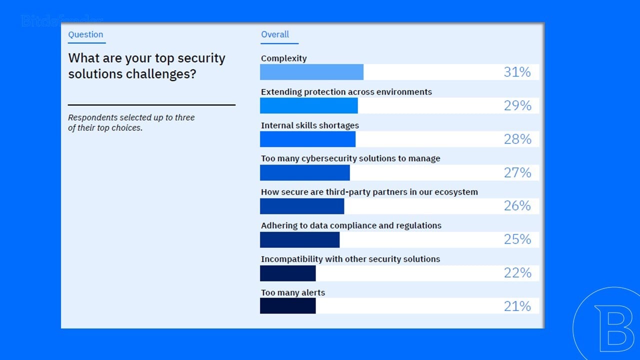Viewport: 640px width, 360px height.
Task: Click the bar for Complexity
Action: tap(311, 72)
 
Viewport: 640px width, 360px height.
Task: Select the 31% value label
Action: tap(517, 72)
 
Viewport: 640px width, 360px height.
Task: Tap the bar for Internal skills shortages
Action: tap(307, 139)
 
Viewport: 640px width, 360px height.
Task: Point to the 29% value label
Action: tap(517, 105)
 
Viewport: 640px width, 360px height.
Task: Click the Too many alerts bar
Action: tap(287, 306)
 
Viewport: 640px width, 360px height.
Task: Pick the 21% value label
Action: tap(517, 306)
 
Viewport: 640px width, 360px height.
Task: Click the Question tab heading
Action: tap(85, 34)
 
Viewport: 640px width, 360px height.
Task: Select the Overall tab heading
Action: tap(275, 34)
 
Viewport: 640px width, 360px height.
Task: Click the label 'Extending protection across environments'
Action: tap(346, 92)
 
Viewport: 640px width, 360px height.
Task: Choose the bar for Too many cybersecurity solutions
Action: tap(304, 172)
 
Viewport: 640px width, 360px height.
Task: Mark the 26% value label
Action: tap(517, 206)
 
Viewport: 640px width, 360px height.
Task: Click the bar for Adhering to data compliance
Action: tap(299, 239)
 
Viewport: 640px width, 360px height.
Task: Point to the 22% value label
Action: tap(517, 272)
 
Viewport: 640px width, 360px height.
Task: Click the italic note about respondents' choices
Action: tap(131, 122)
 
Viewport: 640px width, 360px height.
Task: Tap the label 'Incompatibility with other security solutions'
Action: tap(350, 259)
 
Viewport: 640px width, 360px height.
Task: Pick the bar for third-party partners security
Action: tap(302, 206)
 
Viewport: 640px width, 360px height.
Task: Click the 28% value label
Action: tap(517, 139)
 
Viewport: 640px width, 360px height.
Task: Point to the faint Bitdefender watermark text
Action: tap(62, 21)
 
